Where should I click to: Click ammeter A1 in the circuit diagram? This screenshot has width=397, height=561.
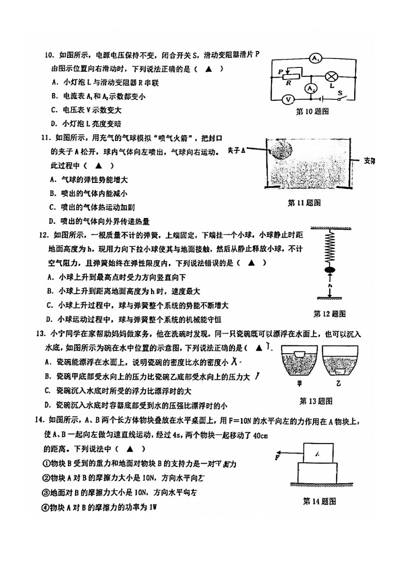[x=315, y=58]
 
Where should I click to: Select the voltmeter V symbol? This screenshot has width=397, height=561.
[x=288, y=99]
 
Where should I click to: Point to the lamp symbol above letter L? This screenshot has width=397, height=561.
[x=330, y=76]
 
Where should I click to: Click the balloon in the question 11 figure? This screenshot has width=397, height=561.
[x=281, y=148]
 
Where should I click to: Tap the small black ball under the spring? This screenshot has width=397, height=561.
[x=330, y=271]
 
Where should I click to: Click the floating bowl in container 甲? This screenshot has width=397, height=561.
[x=299, y=355]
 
